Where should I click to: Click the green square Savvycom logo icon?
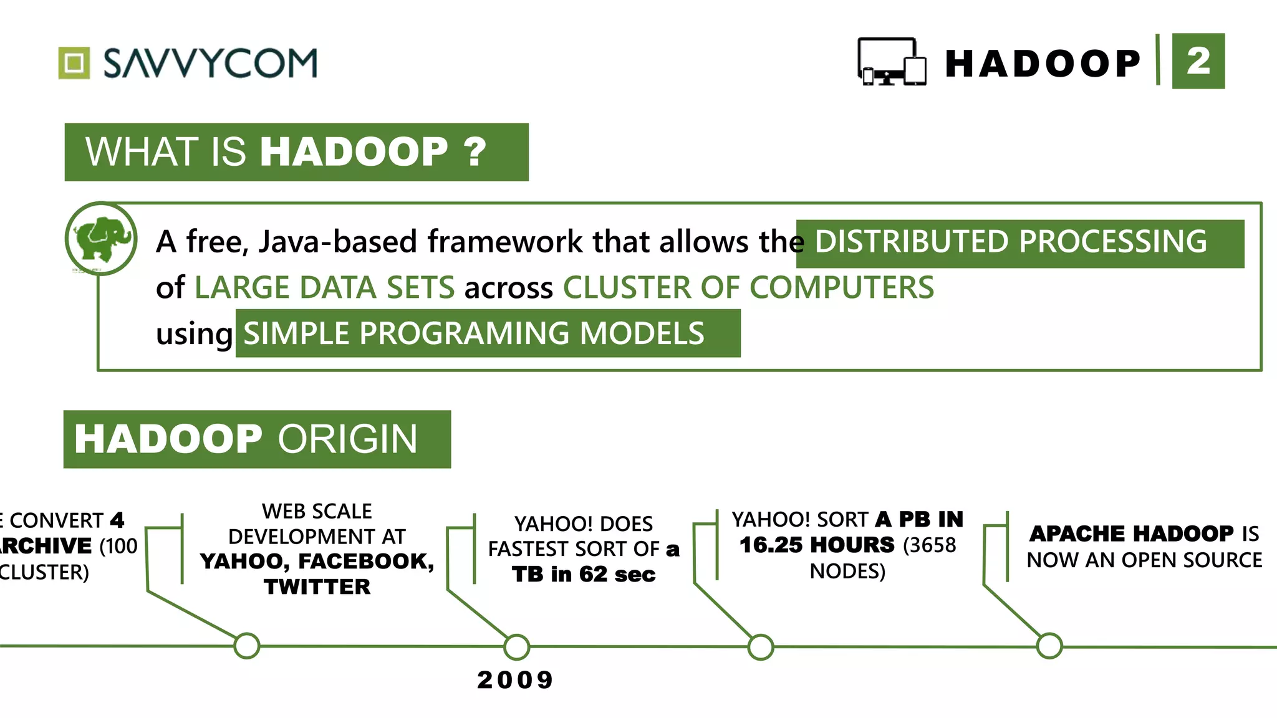(x=74, y=63)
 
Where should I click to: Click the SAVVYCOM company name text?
(x=210, y=63)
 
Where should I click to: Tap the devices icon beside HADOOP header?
(x=892, y=62)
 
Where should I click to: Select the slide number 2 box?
(x=1198, y=61)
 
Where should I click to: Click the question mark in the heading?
(x=475, y=151)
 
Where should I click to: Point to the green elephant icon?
(x=102, y=239)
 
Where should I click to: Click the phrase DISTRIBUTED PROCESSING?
(x=1010, y=242)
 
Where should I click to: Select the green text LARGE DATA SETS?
(x=324, y=288)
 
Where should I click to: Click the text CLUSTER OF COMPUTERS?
(x=748, y=288)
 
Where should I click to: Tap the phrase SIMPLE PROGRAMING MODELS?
(x=474, y=333)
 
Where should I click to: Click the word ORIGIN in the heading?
(x=347, y=439)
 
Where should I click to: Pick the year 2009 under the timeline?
(x=515, y=679)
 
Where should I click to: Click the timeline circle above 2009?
(x=517, y=647)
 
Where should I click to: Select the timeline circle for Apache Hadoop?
(x=1049, y=646)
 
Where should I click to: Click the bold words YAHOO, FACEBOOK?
(x=317, y=561)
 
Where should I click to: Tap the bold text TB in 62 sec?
(x=584, y=574)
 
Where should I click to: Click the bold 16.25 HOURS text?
(x=817, y=545)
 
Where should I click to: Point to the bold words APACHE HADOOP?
(x=1131, y=534)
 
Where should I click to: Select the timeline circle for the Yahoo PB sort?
(x=761, y=647)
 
